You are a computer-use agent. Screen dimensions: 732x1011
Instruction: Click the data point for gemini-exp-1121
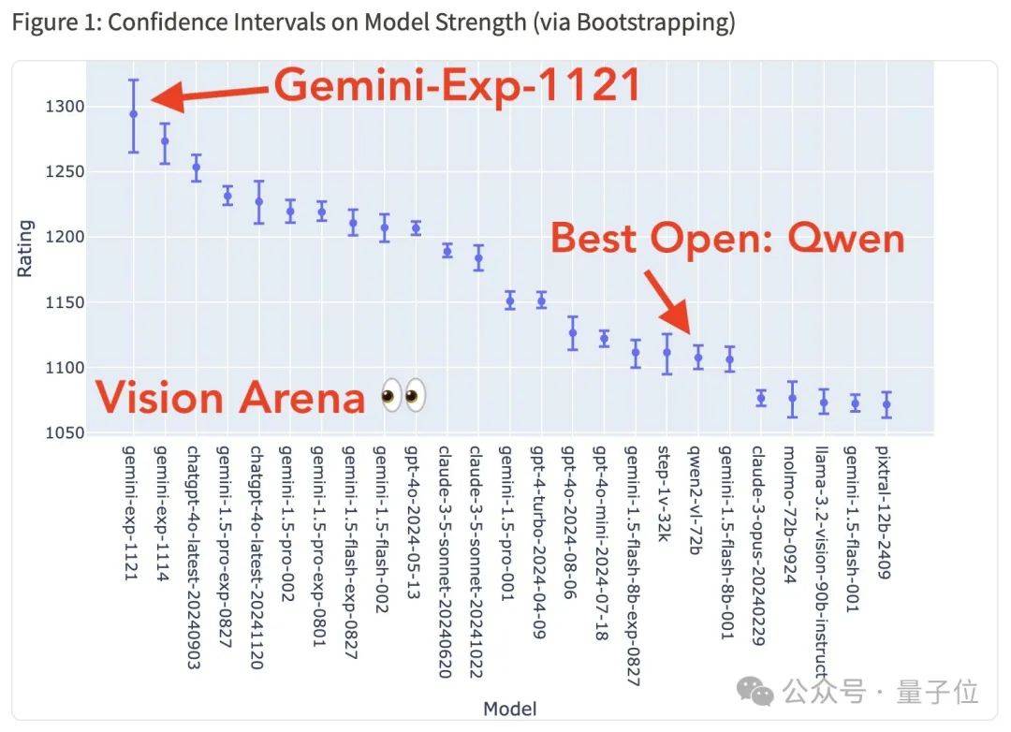tap(133, 113)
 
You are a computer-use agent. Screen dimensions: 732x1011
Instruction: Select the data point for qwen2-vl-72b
tap(697, 357)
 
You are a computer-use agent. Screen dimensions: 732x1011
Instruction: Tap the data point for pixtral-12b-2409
tap(886, 404)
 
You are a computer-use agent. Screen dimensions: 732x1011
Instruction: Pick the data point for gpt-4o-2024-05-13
tap(416, 227)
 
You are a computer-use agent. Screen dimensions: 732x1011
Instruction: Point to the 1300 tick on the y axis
tap(57, 107)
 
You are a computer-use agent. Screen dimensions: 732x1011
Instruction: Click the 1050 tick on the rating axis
tap(57, 432)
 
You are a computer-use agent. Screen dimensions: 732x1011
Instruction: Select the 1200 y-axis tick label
tap(57, 237)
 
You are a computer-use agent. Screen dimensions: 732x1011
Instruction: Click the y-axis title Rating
tap(25, 248)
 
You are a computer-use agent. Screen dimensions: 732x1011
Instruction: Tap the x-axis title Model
tap(510, 709)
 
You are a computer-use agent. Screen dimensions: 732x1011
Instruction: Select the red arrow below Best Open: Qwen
tap(667, 301)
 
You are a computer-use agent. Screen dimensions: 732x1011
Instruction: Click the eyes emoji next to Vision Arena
tap(403, 397)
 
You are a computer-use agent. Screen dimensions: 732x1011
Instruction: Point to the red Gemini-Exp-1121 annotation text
tap(457, 86)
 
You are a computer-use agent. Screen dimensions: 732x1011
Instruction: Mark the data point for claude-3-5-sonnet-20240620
tap(447, 251)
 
